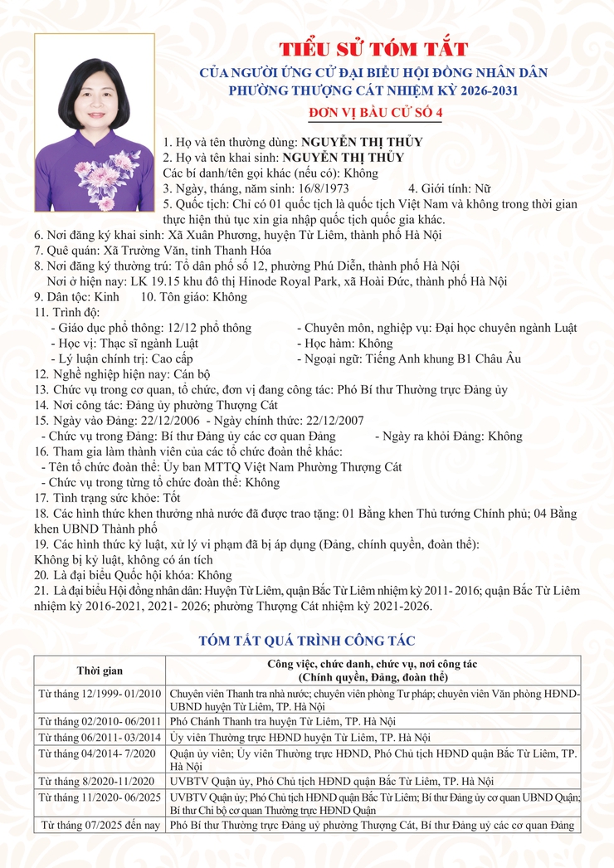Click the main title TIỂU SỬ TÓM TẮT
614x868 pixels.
(373, 49)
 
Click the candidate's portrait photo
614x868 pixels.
(94, 122)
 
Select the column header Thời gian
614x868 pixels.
(100, 670)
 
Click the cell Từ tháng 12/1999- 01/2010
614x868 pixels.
(100, 691)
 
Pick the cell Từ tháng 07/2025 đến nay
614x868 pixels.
(100, 826)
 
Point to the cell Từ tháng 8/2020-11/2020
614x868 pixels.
(100, 781)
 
